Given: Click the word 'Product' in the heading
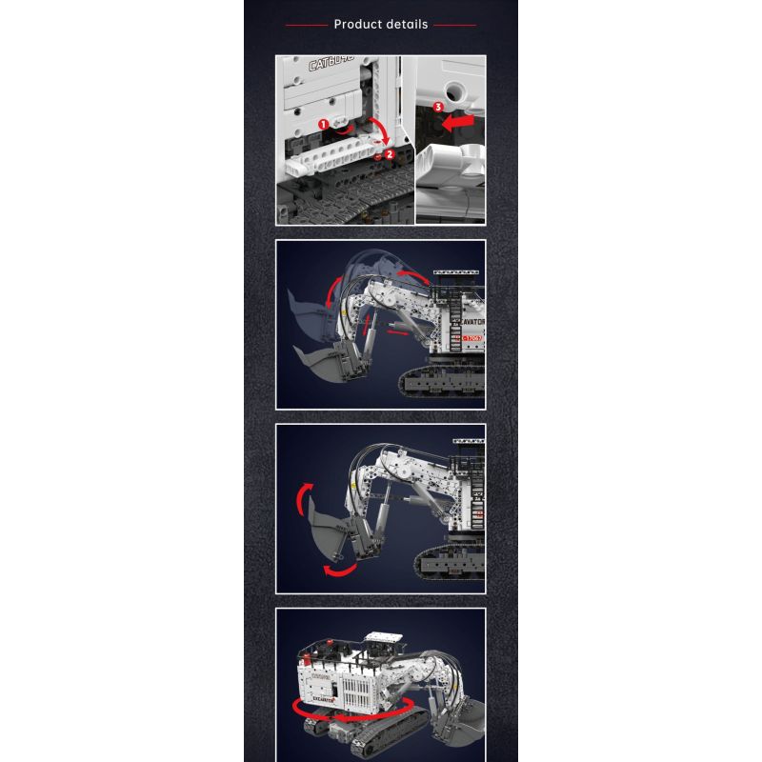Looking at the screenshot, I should coord(359,24).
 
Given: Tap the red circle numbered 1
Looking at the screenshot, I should coord(323,124).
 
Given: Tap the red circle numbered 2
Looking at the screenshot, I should coord(389,153).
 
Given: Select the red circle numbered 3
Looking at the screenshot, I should coord(438,108).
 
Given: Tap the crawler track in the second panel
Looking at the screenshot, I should coord(443,383).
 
